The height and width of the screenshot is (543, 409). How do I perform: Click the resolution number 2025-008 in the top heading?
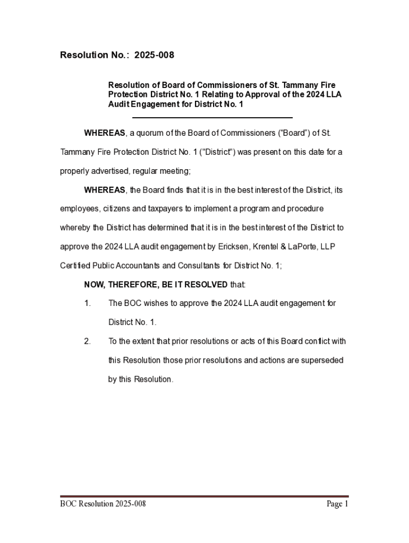click(x=154, y=55)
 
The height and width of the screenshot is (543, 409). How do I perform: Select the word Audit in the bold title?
click(x=118, y=104)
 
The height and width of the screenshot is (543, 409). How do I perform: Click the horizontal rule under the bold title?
click(x=212, y=118)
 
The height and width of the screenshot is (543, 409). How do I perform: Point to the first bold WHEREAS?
click(x=105, y=133)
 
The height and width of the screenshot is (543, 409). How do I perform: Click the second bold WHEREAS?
click(x=105, y=190)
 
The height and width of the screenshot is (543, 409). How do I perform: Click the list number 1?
click(x=88, y=303)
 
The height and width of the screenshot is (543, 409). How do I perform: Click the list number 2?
click(x=88, y=341)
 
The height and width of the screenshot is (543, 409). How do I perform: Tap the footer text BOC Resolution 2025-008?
click(x=103, y=504)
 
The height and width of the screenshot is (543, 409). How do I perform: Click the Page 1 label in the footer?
click(x=337, y=504)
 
